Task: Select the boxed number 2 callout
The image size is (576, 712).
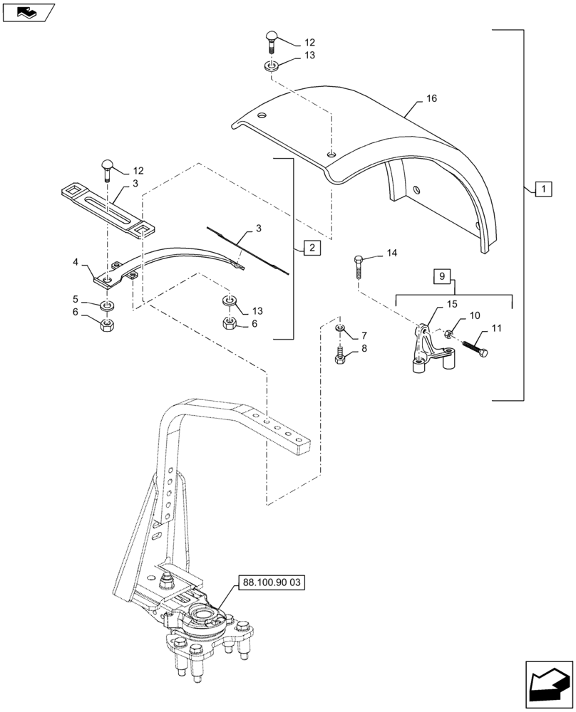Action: tap(312, 248)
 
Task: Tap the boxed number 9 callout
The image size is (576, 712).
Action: tap(441, 276)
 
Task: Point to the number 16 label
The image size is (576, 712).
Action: tap(431, 99)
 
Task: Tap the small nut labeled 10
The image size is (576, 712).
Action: tap(448, 335)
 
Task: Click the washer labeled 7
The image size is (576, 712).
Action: tap(340, 328)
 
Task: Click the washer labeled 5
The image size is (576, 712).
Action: tap(107, 305)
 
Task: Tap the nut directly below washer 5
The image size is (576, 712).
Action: tap(107, 325)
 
